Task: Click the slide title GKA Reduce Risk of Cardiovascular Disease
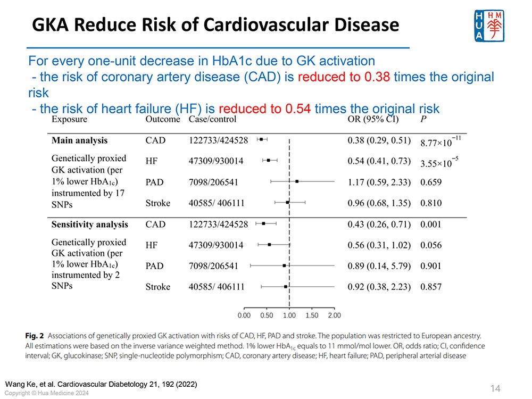(x=215, y=24)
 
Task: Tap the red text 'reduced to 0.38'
(x=344, y=77)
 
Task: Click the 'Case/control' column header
(x=213, y=120)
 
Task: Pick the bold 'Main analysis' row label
(x=79, y=140)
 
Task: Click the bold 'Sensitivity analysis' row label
(x=89, y=225)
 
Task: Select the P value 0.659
(x=431, y=182)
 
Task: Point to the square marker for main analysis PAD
(x=297, y=181)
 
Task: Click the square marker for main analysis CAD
(x=261, y=139)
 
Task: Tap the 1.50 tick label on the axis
(x=312, y=315)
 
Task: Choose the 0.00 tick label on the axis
(x=244, y=315)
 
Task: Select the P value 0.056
(x=431, y=245)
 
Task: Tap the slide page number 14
(x=495, y=388)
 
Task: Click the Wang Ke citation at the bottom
(x=101, y=384)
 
